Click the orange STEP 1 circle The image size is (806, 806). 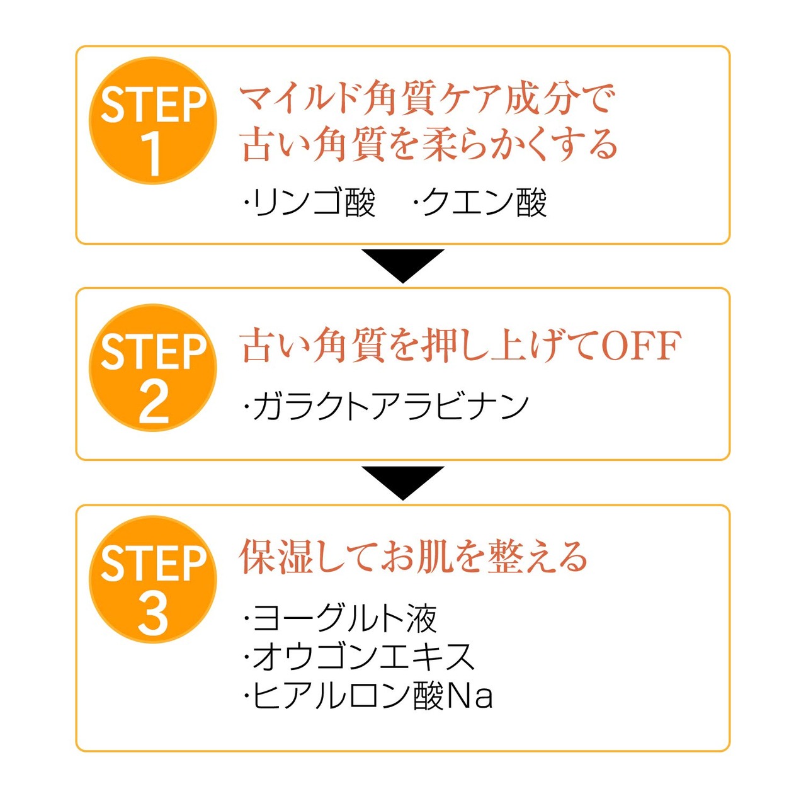(153, 121)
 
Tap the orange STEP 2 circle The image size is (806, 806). (153, 368)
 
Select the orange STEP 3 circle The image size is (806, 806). (153, 579)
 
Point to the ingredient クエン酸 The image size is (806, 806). (481, 203)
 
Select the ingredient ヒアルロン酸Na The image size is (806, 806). (369, 696)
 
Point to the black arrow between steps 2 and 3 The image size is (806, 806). (403, 481)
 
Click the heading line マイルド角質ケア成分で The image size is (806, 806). (427, 99)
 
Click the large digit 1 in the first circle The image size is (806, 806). (152, 155)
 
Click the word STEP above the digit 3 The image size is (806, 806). (154, 564)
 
